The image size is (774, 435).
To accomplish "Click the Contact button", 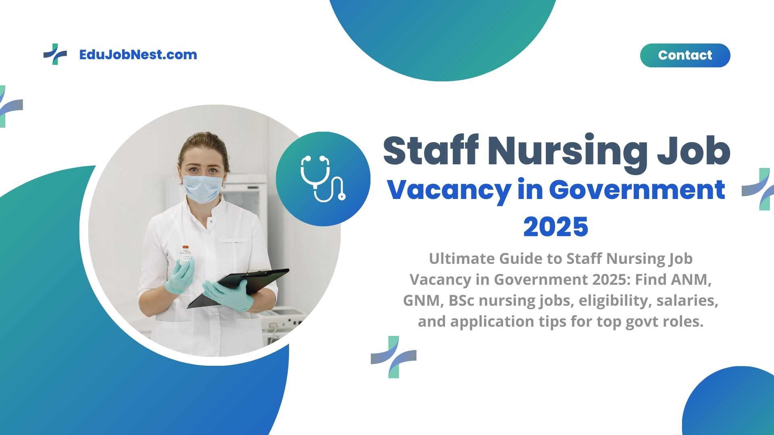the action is pos(685,55).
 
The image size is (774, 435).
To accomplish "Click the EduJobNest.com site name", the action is pos(138,55).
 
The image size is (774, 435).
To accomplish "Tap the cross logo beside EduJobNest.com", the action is pos(55,54).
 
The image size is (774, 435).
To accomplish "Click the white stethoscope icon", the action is pos(323,178).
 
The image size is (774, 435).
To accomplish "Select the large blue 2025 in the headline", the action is pos(556,227).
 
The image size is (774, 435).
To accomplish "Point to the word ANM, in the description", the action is pos(691,280).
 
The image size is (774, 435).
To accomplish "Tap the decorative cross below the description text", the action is pos(393,357).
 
